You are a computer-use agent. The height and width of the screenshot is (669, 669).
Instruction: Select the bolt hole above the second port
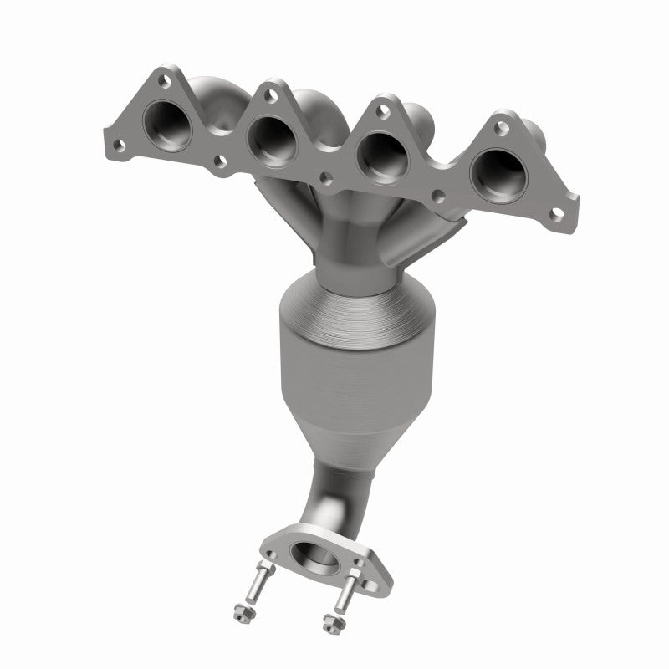click(x=271, y=96)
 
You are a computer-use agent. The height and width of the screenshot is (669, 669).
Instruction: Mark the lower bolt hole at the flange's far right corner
click(x=555, y=214)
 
